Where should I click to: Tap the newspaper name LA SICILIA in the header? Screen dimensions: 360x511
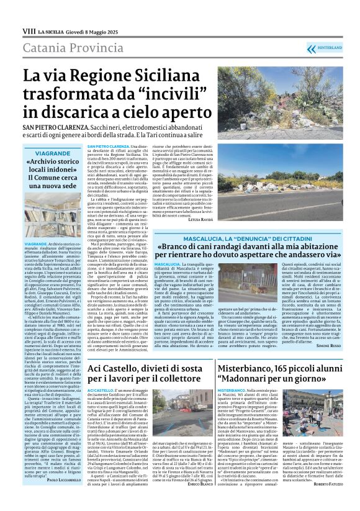[x=52, y=30]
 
